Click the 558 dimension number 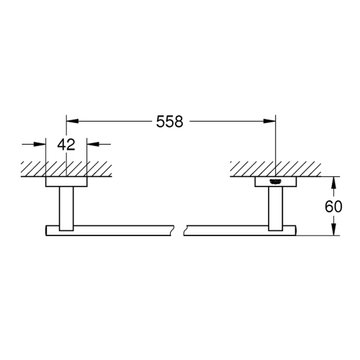[x=171, y=122]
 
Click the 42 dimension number [x=66, y=144]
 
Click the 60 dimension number [x=333, y=206]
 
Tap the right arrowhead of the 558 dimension [x=271, y=122]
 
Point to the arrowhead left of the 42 [x=41, y=144]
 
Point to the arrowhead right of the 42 [x=92, y=144]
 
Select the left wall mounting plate [x=66, y=181]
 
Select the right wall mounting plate [x=275, y=181]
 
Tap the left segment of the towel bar [x=108, y=230]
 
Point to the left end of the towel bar [x=48, y=230]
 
